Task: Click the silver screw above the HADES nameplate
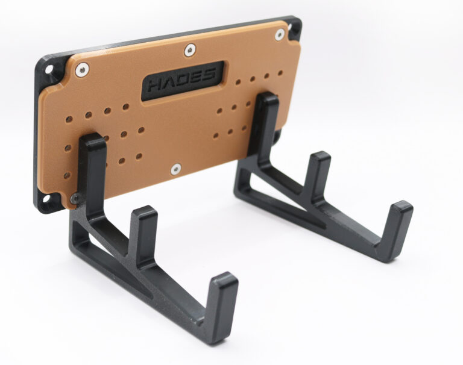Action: (189, 50)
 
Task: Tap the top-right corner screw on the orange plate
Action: (279, 34)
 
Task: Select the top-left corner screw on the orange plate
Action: (82, 70)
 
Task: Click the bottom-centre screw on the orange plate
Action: (176, 169)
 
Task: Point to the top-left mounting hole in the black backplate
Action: (48, 70)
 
